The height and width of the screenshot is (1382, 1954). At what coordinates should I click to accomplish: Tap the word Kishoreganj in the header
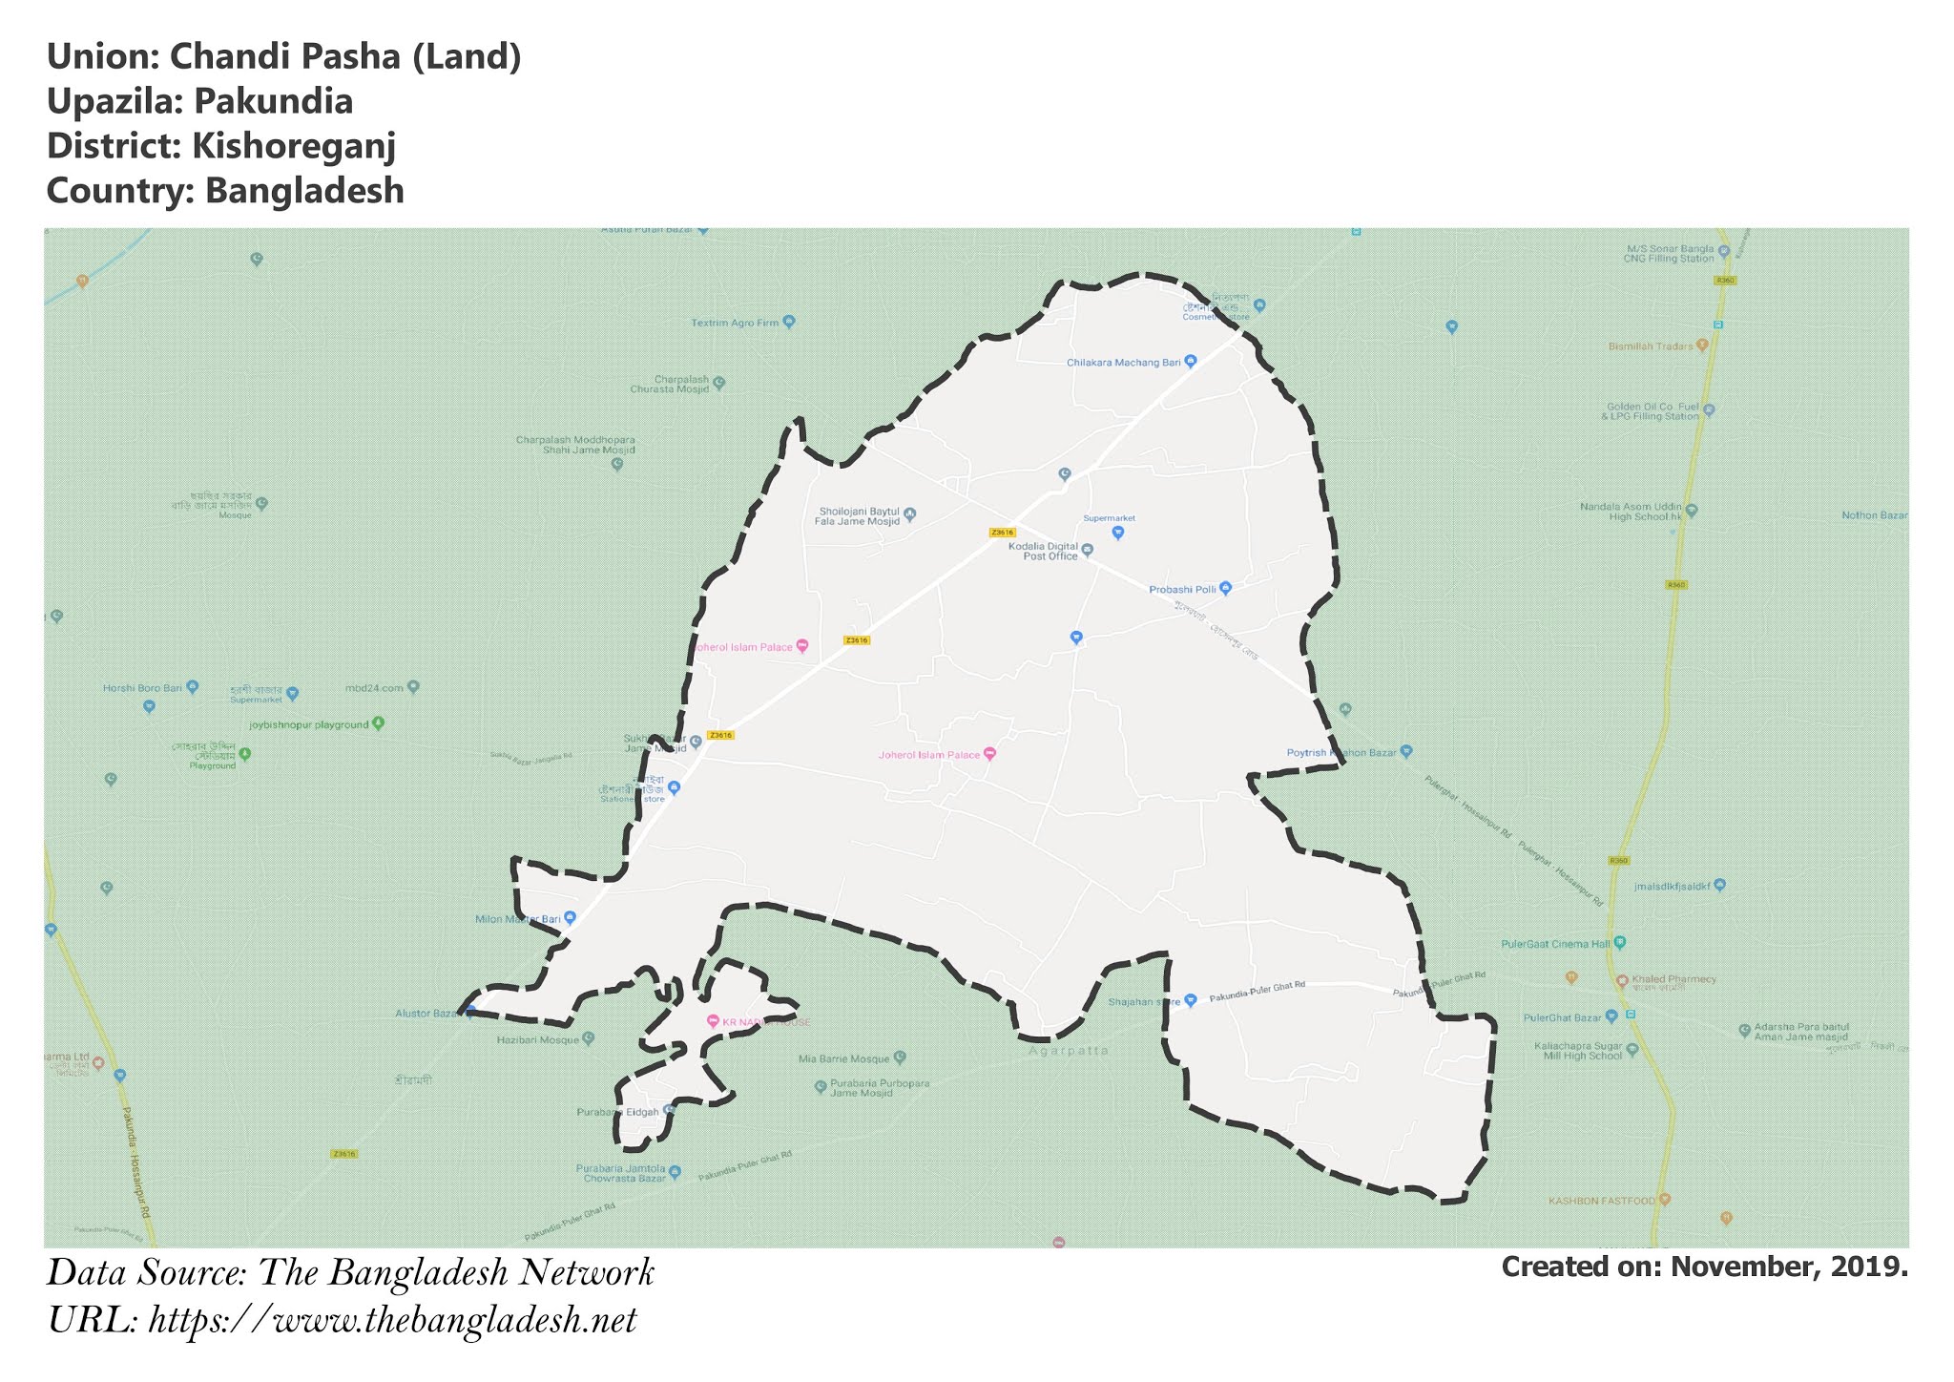(x=294, y=146)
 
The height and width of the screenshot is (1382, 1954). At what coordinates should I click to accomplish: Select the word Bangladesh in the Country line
(x=304, y=191)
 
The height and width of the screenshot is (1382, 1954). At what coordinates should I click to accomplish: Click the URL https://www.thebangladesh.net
(x=392, y=1321)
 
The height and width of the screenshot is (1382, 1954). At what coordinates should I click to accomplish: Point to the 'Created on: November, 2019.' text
(x=1704, y=1267)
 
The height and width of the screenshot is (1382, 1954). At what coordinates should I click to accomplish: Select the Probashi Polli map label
(x=1182, y=590)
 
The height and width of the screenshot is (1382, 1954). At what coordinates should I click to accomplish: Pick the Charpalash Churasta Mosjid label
(x=669, y=385)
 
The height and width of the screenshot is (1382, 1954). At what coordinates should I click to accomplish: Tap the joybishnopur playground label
(x=308, y=724)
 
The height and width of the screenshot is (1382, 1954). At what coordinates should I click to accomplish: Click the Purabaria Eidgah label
(x=618, y=1112)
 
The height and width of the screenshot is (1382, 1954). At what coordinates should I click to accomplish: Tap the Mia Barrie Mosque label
(x=843, y=1058)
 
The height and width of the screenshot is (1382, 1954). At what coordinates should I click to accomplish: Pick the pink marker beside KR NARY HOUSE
(x=712, y=1021)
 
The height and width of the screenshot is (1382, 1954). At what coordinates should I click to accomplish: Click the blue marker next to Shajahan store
(x=1190, y=1001)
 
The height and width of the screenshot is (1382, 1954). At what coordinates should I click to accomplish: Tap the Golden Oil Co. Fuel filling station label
(x=1653, y=411)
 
